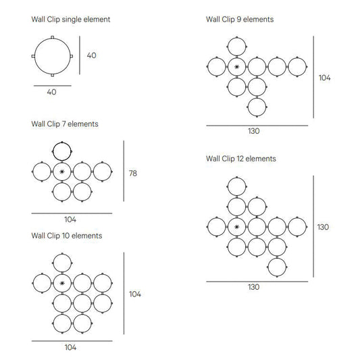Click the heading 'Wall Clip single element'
(x=71, y=20)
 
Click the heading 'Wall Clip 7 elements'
(x=65, y=124)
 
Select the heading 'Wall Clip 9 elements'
(x=240, y=20)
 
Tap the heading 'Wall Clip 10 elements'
(x=67, y=236)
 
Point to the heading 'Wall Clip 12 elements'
(x=241, y=159)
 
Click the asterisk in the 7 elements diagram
(x=62, y=172)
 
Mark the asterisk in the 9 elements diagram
(x=236, y=67)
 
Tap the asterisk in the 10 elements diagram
(x=62, y=283)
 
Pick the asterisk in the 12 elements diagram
(x=236, y=227)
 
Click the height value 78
(x=133, y=174)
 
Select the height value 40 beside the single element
(x=92, y=55)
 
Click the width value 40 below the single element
(x=51, y=92)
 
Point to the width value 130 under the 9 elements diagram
(x=254, y=131)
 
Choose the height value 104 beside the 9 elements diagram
(x=324, y=78)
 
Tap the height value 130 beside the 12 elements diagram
(x=323, y=227)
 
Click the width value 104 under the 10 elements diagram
(x=70, y=347)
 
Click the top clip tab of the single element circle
(x=53, y=37)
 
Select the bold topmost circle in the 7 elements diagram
(x=62, y=143)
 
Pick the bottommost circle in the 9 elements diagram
(x=257, y=98)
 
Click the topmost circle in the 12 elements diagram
(x=236, y=178)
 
